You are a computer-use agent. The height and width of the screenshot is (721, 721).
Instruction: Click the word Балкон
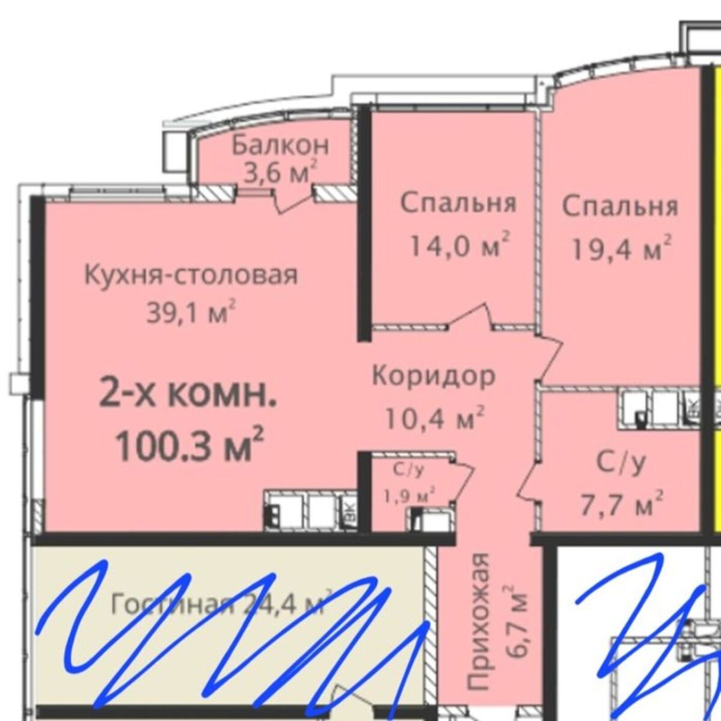(x=280, y=145)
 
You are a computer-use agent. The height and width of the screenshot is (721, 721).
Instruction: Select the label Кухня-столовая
(x=191, y=275)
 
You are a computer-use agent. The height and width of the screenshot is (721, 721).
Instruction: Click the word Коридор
(x=434, y=376)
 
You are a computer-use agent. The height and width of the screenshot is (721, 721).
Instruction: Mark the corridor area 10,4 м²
(x=434, y=417)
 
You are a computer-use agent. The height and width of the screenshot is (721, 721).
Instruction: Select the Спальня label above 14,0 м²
(x=458, y=204)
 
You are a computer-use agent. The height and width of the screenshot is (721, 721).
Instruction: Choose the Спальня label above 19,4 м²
(x=620, y=207)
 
